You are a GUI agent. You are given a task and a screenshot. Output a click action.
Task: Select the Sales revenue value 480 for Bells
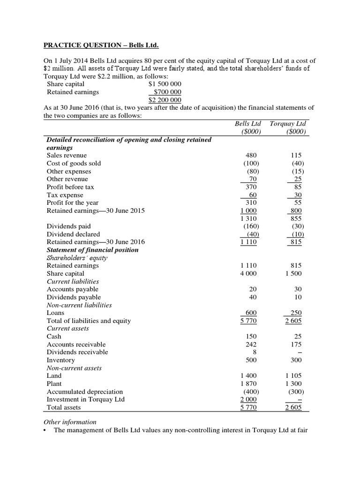pyautogui.click(x=251, y=155)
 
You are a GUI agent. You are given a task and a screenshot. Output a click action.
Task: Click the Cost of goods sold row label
pyautogui.click(x=74, y=163)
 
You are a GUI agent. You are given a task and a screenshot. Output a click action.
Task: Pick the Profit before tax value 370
pyautogui.click(x=251, y=187)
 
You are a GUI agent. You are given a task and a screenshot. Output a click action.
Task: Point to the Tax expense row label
pyautogui.click(x=65, y=195)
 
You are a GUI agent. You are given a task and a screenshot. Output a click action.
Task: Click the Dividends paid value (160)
pyautogui.click(x=250, y=226)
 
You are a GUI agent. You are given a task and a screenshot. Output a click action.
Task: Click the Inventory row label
pyautogui.click(x=60, y=360)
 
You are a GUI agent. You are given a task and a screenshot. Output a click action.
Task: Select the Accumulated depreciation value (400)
pyautogui.click(x=250, y=391)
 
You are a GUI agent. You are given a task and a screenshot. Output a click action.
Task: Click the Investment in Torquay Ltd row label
pyautogui.click(x=85, y=399)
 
